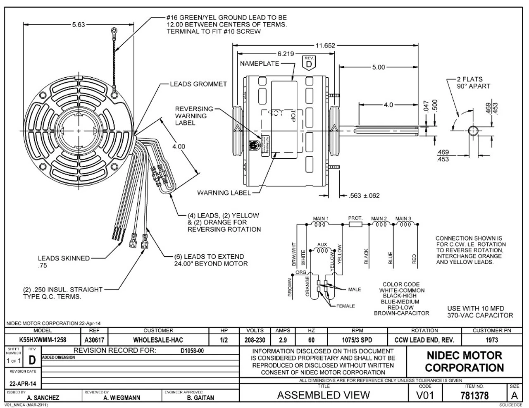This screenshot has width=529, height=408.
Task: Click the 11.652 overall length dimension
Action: pyautogui.click(x=326, y=46)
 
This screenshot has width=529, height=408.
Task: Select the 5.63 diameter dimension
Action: pyautogui.click(x=78, y=25)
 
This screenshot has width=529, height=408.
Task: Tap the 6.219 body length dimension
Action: pyautogui.click(x=286, y=54)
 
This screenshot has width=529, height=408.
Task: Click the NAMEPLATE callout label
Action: pyautogui.click(x=259, y=64)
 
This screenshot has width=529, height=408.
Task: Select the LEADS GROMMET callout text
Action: pyautogui.click(x=198, y=84)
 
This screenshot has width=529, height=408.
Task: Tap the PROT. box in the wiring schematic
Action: pyautogui.click(x=355, y=224)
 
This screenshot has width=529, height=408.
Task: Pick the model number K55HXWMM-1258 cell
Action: pyautogui.click(x=43, y=340)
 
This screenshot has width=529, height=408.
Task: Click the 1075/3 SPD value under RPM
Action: pyautogui.click(x=357, y=340)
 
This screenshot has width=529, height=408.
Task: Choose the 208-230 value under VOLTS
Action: pyautogui.click(x=255, y=340)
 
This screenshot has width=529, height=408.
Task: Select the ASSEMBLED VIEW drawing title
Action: pyautogui.click(x=323, y=395)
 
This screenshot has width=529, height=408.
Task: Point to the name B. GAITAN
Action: pyautogui.click(x=200, y=398)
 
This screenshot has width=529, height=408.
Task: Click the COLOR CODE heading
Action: pyautogui.click(x=401, y=284)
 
